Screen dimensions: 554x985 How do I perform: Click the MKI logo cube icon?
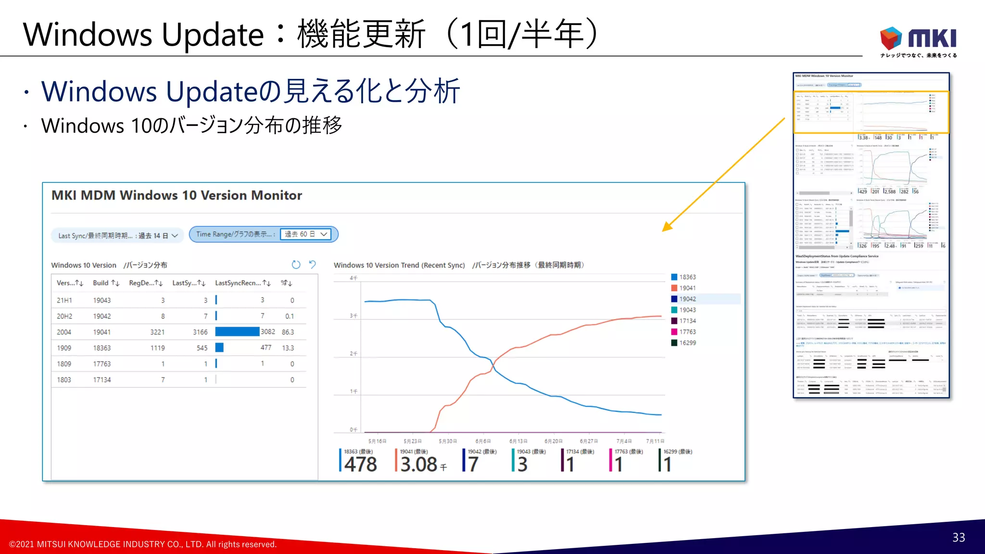click(x=891, y=38)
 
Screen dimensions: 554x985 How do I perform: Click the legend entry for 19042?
click(x=687, y=299)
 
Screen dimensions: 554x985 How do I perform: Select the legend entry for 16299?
click(x=687, y=343)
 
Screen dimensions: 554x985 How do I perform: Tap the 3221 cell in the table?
click(x=157, y=332)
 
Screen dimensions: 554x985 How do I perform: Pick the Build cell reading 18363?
click(x=102, y=348)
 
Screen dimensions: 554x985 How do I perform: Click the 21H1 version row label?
click(x=64, y=301)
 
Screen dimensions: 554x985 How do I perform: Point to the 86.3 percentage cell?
click(x=288, y=332)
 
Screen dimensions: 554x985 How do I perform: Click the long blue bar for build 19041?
click(x=237, y=332)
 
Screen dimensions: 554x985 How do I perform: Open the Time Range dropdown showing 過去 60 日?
click(x=306, y=234)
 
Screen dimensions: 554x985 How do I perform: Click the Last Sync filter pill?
click(x=117, y=236)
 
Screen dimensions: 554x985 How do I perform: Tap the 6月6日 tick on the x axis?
click(x=483, y=441)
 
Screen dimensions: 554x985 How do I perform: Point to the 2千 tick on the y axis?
click(x=354, y=353)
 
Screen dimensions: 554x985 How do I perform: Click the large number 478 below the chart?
click(x=360, y=465)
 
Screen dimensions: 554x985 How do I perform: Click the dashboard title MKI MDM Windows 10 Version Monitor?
click(x=177, y=195)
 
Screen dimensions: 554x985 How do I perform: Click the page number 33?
click(x=959, y=538)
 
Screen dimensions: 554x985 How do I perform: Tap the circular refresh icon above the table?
click(x=296, y=264)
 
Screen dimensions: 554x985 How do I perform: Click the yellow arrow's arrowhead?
click(x=667, y=227)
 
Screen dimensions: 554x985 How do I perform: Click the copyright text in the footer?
click(x=143, y=544)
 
